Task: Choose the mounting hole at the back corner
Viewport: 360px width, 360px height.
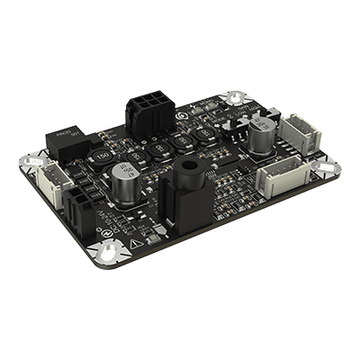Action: click(237, 97)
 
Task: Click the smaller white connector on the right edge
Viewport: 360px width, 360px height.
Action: click(297, 132)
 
